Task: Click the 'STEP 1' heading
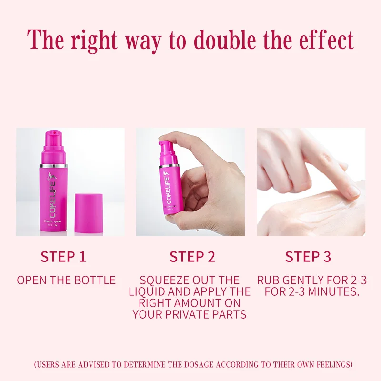click(x=63, y=257)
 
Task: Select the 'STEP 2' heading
click(x=192, y=257)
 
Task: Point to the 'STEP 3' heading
click(x=308, y=257)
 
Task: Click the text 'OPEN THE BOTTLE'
click(x=66, y=280)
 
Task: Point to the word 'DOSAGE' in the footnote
click(x=194, y=365)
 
